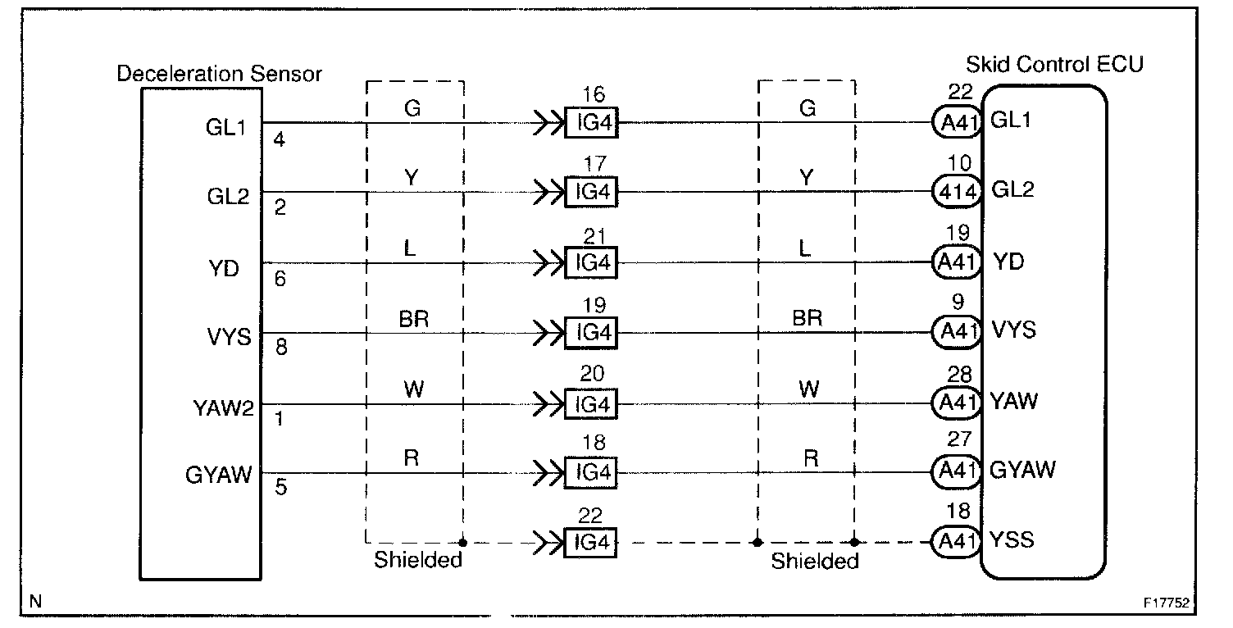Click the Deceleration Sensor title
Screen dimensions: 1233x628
click(x=219, y=74)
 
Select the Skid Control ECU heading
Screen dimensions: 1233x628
click(x=1054, y=64)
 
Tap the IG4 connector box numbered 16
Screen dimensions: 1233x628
click(x=591, y=125)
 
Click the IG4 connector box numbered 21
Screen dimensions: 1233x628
click(x=591, y=264)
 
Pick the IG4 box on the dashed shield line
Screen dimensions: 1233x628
click(x=591, y=542)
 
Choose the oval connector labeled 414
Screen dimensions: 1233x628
click(x=957, y=193)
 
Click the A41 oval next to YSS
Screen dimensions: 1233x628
click(x=957, y=540)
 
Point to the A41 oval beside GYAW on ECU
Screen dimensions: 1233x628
click(x=957, y=471)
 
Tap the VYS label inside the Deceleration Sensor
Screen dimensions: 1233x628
click(x=230, y=336)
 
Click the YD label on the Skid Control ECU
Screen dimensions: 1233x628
click(x=1008, y=262)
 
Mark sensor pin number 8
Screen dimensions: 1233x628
click(x=280, y=348)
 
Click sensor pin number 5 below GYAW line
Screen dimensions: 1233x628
click(x=280, y=489)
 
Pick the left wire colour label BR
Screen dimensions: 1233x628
click(x=414, y=319)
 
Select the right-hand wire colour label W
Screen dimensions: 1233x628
click(x=809, y=388)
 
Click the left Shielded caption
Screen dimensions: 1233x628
click(x=418, y=562)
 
